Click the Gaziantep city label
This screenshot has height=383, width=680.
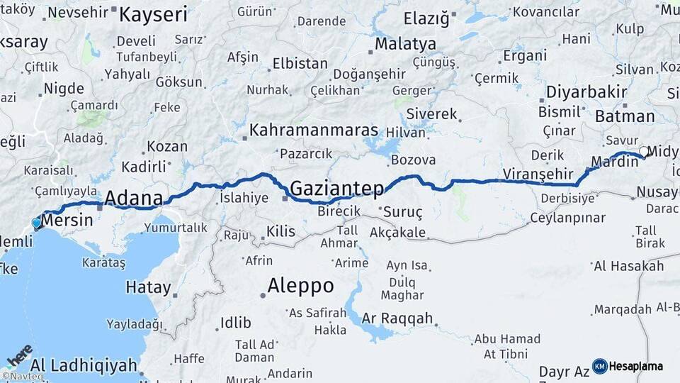coord(337,189)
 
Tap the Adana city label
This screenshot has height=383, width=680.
coord(134,198)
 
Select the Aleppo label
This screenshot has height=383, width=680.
coord(300,286)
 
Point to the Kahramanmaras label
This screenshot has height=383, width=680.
coord(314,132)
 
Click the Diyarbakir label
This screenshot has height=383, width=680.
coord(586,91)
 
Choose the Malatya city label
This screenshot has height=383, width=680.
coord(405,44)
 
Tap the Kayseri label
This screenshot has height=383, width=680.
coord(153,14)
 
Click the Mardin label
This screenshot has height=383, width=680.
coord(614,162)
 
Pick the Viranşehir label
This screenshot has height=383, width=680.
coord(537,173)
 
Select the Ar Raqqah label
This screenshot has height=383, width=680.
coord(397,318)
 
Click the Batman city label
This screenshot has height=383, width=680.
coord(625,116)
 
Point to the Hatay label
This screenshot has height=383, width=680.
coord(148,288)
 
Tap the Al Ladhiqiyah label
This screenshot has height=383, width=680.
coord(84,365)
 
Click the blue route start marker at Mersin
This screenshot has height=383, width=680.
coord(37,223)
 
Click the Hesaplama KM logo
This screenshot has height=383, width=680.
coord(628,366)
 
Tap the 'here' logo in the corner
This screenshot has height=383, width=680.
coord(19,355)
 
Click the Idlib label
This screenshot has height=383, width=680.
coord(235,323)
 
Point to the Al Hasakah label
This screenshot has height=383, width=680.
coord(629,266)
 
